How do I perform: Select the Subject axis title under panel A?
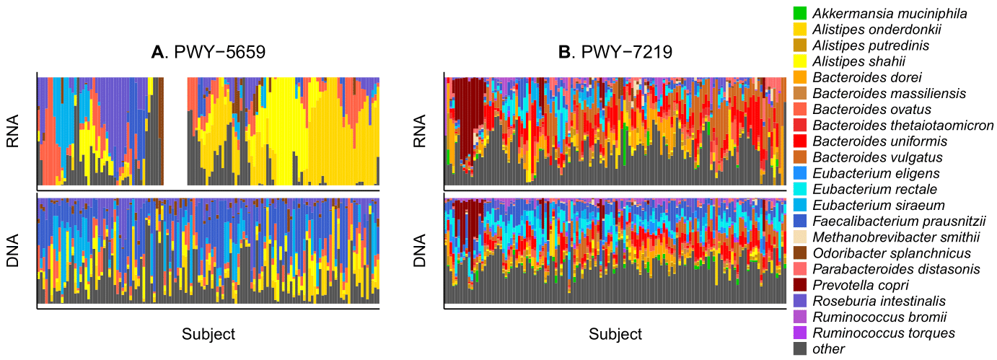(208, 334)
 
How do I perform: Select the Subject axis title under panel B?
(615, 334)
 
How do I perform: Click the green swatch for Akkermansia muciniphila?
(799, 14)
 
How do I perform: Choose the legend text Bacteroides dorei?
(856, 77)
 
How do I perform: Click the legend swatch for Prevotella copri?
(799, 285)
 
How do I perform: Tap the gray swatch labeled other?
(799, 348)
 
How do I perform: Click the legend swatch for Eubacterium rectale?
(799, 189)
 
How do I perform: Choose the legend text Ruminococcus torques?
(884, 333)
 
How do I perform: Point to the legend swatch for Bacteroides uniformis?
(799, 141)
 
